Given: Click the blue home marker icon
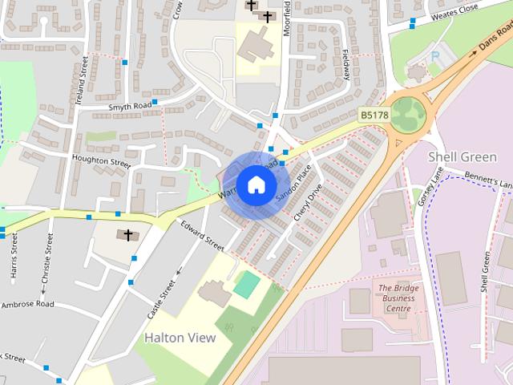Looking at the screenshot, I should click(x=256, y=184).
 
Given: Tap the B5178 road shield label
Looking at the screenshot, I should click(x=374, y=115).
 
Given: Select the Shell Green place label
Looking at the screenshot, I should click(x=463, y=156).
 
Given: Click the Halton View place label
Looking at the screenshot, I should click(x=180, y=338).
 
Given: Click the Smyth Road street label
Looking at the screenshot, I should click(x=130, y=105).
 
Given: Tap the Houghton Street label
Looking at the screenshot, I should click(x=100, y=161).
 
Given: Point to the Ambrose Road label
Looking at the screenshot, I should click(x=27, y=304).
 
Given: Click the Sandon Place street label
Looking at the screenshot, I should click(x=293, y=184).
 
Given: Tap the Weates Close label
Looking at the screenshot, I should click(x=454, y=11).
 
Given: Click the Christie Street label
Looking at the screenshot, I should click(x=46, y=257).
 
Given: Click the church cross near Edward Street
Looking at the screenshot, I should click(x=127, y=235).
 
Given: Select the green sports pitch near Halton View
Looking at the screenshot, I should click(x=247, y=284).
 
